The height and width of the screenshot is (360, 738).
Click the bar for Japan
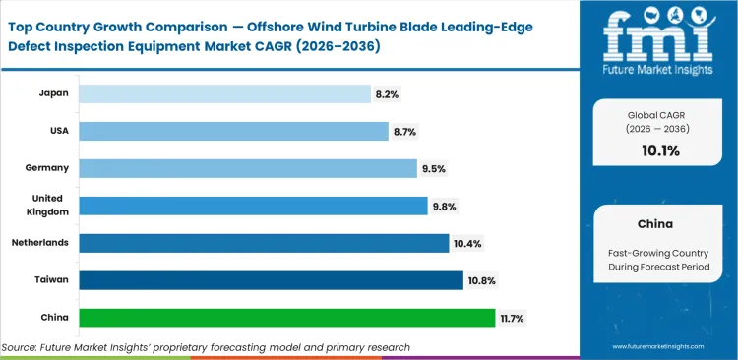(x=223, y=93)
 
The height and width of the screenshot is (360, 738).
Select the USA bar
(x=233, y=131)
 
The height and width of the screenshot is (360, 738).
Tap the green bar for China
(x=286, y=318)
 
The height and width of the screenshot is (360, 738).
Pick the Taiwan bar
(x=271, y=280)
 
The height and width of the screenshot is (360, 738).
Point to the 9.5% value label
(x=434, y=168)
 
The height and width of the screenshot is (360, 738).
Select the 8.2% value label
(x=387, y=93)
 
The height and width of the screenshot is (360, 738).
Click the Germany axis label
(x=47, y=168)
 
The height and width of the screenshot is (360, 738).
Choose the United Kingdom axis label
(x=49, y=206)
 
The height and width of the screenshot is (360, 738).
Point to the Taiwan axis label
(x=51, y=280)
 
